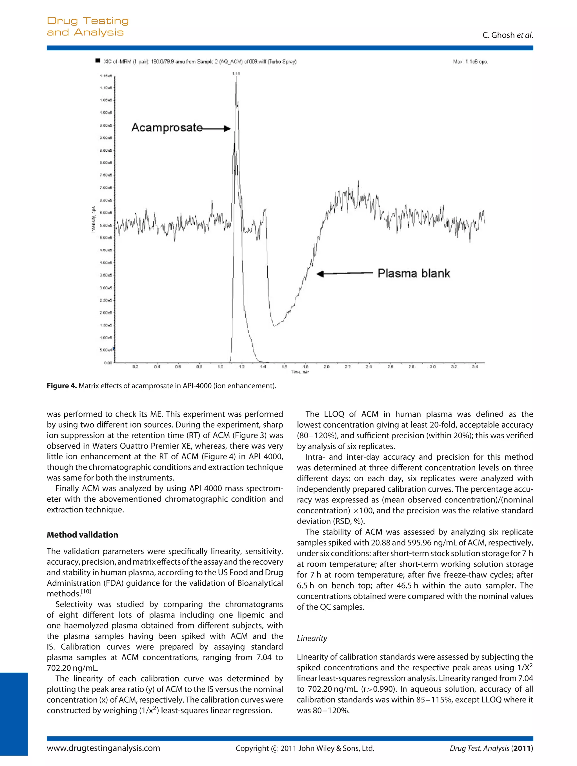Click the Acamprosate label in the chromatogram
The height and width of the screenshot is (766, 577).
pyautogui.click(x=167, y=127)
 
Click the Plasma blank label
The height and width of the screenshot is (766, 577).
pyautogui.click(x=413, y=273)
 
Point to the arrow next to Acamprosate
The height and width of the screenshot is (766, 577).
pyautogui.click(x=217, y=129)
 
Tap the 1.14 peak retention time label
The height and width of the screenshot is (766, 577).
pyautogui.click(x=236, y=73)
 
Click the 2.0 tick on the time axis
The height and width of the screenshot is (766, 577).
pyautogui.click(x=327, y=367)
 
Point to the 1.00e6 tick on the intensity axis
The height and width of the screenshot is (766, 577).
pyautogui.click(x=106, y=113)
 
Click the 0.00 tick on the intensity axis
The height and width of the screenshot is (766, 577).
pyautogui.click(x=108, y=363)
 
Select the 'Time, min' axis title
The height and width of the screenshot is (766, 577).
pyautogui.click(x=300, y=372)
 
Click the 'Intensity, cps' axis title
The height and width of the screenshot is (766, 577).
pyautogui.click(x=93, y=219)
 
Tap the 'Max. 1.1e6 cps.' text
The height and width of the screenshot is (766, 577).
pyautogui.click(x=470, y=62)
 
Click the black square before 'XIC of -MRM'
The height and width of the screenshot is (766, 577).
pyautogui.click(x=97, y=61)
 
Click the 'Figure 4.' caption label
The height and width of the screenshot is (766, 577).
pyautogui.click(x=61, y=386)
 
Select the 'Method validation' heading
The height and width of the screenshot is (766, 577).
pyautogui.click(x=82, y=535)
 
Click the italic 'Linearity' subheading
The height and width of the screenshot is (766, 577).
pyautogui.click(x=312, y=638)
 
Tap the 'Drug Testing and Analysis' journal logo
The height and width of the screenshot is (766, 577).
pyautogui.click(x=87, y=26)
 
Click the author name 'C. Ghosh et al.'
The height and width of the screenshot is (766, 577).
pyautogui.click(x=507, y=35)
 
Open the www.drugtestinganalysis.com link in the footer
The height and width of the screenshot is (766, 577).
pyautogui.click(x=103, y=748)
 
